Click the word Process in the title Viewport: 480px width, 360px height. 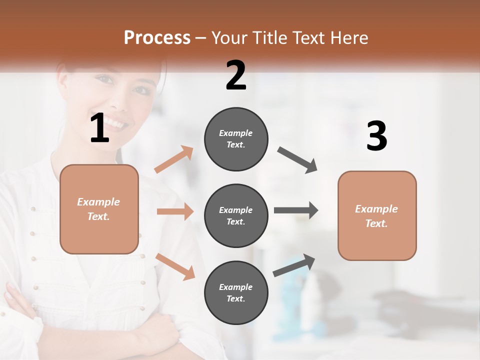[157, 37]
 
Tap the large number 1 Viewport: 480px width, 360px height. [99, 128]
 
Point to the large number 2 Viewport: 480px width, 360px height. [236, 75]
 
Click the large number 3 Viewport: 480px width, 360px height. [377, 136]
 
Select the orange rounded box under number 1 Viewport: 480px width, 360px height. [99, 209]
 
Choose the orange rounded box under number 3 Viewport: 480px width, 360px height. [377, 215]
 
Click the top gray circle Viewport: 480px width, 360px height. [236, 139]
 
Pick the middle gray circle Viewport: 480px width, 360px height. [236, 215]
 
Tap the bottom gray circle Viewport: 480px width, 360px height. [236, 292]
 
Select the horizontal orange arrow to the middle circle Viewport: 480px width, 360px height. [175, 211]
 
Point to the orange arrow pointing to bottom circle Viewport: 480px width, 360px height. [175, 266]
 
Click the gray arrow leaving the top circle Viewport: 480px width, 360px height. [297, 160]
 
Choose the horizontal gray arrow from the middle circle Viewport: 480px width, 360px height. [295, 210]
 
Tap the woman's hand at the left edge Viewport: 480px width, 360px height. [10, 292]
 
